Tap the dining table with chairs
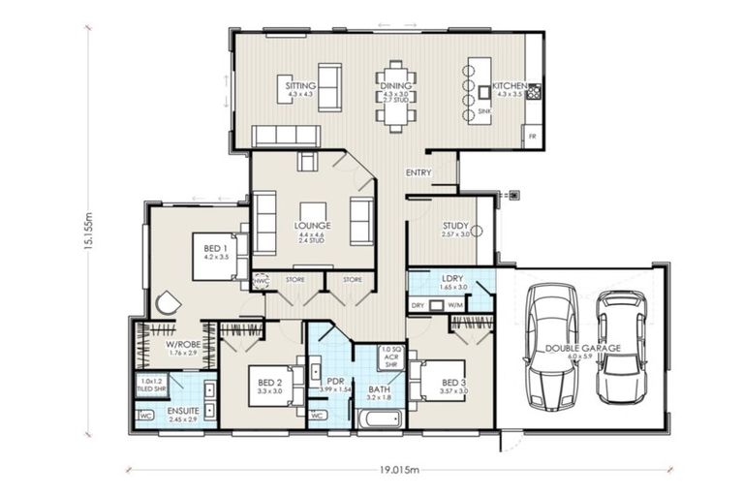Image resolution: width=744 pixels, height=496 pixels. (396, 97)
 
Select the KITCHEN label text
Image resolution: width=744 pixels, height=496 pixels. (509, 86)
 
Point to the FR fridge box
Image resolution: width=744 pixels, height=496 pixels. (532, 137)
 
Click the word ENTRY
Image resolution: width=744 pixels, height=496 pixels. (418, 173)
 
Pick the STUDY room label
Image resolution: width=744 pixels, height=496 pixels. (455, 225)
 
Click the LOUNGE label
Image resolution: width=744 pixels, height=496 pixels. (312, 226)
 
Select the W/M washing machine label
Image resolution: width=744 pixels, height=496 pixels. (455, 305)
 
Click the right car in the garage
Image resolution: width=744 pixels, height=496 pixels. (621, 346)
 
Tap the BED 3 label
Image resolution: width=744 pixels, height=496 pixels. (454, 384)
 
